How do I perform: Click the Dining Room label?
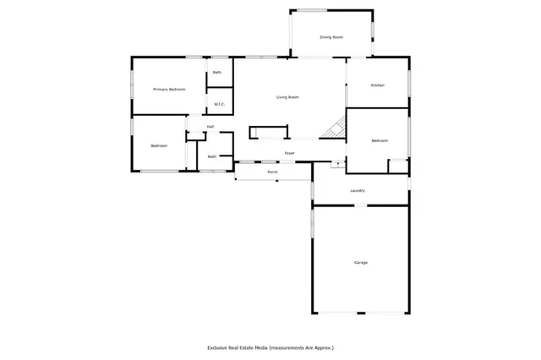[331, 37]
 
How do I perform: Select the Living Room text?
[287, 97]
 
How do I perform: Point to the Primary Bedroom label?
[169, 89]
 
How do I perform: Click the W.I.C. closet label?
[218, 104]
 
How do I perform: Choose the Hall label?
[210, 127]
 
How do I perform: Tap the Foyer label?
[289, 153]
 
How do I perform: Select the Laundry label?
[358, 191]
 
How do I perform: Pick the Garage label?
[360, 263]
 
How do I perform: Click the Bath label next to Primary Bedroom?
[217, 73]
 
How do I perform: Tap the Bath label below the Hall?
[211, 155]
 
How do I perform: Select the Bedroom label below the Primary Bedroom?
[159, 146]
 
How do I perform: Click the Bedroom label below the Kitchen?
[379, 140]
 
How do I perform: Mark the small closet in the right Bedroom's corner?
[396, 166]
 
